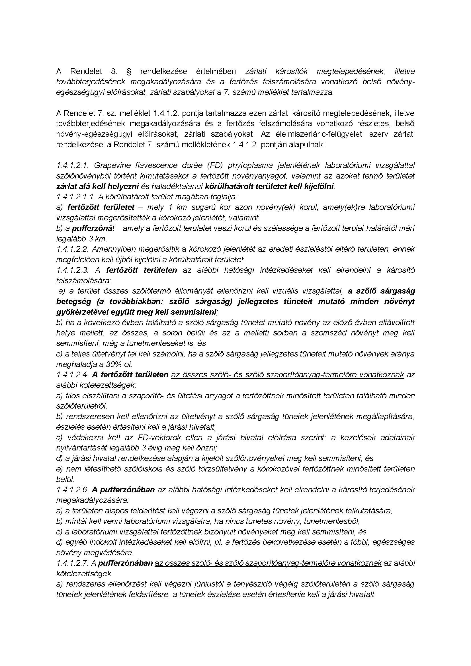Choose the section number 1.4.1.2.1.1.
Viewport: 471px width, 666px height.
click(x=76, y=197)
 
